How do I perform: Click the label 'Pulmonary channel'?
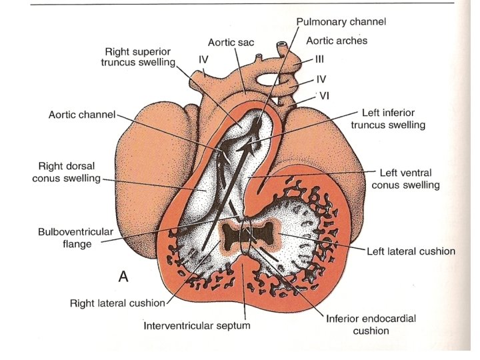(x=341, y=22)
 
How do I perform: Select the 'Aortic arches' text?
(x=337, y=41)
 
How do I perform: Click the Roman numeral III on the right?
(x=319, y=59)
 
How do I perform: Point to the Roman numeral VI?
(x=325, y=96)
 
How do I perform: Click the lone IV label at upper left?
(x=204, y=59)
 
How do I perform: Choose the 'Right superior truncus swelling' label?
(x=139, y=57)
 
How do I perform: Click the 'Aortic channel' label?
(x=82, y=115)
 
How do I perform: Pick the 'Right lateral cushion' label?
(x=117, y=303)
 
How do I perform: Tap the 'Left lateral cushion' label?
(x=411, y=251)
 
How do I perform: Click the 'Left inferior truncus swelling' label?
(x=393, y=119)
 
